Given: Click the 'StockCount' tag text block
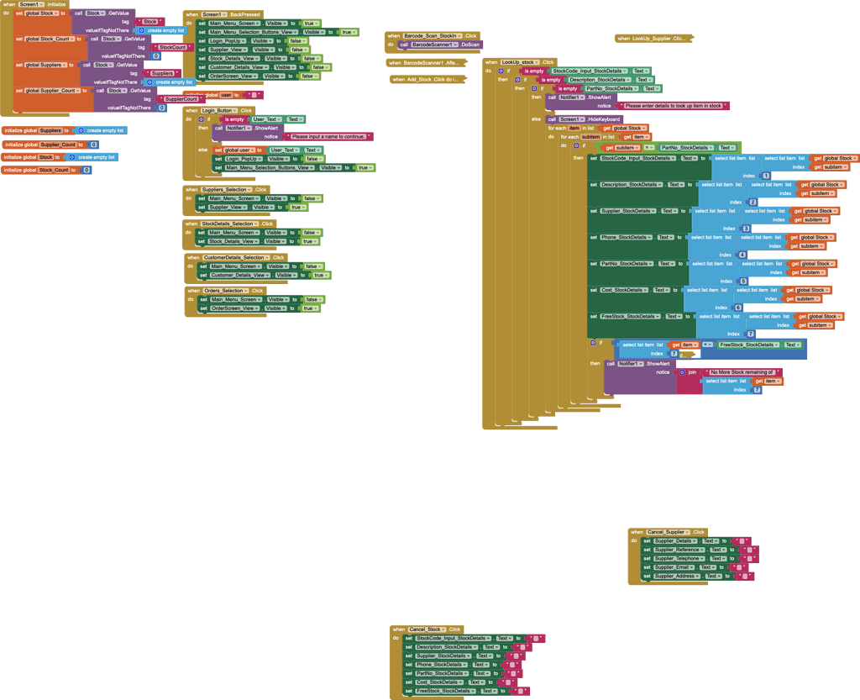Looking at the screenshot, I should pyautogui.click(x=173, y=47).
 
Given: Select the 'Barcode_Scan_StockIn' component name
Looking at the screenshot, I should pyautogui.click(x=433, y=35).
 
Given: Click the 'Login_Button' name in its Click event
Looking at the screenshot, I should pyautogui.click(x=217, y=111).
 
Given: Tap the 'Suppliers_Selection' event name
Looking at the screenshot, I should pyautogui.click(x=225, y=190).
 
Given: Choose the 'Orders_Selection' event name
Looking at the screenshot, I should pyautogui.click(x=223, y=291).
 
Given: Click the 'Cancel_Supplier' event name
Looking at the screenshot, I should pyautogui.click(x=669, y=532).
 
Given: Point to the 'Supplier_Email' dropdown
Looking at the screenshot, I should pyautogui.click(x=674, y=567).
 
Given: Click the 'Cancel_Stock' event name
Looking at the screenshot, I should pyautogui.click(x=427, y=629).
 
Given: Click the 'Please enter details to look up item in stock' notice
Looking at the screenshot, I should pyautogui.click(x=674, y=106).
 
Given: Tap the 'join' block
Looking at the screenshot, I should pyautogui.click(x=691, y=371).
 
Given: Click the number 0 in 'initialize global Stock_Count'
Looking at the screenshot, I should pyautogui.click(x=86, y=171).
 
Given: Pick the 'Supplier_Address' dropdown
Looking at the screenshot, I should pyautogui.click(x=677, y=576).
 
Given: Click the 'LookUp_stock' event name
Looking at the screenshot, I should pyautogui.click(x=519, y=62).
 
